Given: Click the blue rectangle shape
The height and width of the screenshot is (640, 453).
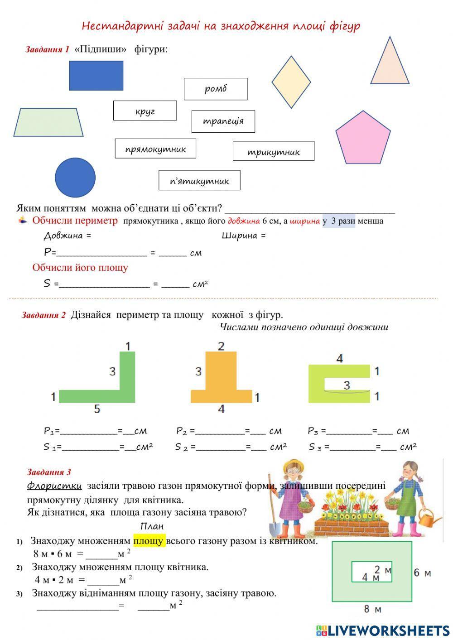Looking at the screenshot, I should (96, 76).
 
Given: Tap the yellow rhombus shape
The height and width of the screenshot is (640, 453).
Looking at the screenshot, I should (291, 82).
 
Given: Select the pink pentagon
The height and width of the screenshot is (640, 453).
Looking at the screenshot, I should (363, 139).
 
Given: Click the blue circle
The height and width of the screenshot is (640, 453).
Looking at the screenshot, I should (75, 178).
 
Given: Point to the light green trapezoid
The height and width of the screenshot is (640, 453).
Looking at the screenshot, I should (48, 122).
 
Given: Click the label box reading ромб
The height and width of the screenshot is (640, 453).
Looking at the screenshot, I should (216, 89).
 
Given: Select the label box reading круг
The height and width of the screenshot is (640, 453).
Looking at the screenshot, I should (145, 111).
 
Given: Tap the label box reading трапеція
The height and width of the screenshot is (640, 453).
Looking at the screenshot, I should (223, 121).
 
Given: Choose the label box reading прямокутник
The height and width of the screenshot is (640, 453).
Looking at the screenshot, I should (155, 149).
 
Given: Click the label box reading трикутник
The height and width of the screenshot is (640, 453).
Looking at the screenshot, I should (274, 151).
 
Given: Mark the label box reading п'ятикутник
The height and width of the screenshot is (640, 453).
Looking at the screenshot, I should (199, 180).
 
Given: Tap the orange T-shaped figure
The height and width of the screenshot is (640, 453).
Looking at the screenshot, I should (221, 385).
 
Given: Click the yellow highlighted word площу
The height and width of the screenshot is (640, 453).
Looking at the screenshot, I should (149, 541).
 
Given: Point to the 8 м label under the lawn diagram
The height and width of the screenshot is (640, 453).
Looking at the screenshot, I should (372, 609).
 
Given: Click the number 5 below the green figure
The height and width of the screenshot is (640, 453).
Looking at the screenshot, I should (97, 409).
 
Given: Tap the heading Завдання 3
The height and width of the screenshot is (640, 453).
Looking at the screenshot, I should (49, 472).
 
